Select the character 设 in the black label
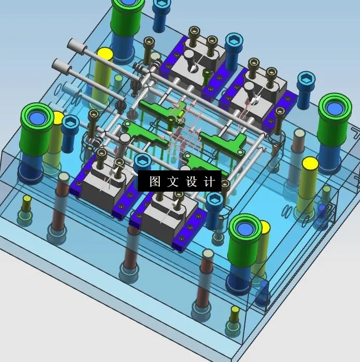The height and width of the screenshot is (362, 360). click(191, 182)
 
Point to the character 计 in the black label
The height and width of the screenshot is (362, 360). click(210, 182)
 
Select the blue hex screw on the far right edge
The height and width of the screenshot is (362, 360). click(304, 82)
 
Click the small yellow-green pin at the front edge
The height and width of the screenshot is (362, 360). click(235, 311)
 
